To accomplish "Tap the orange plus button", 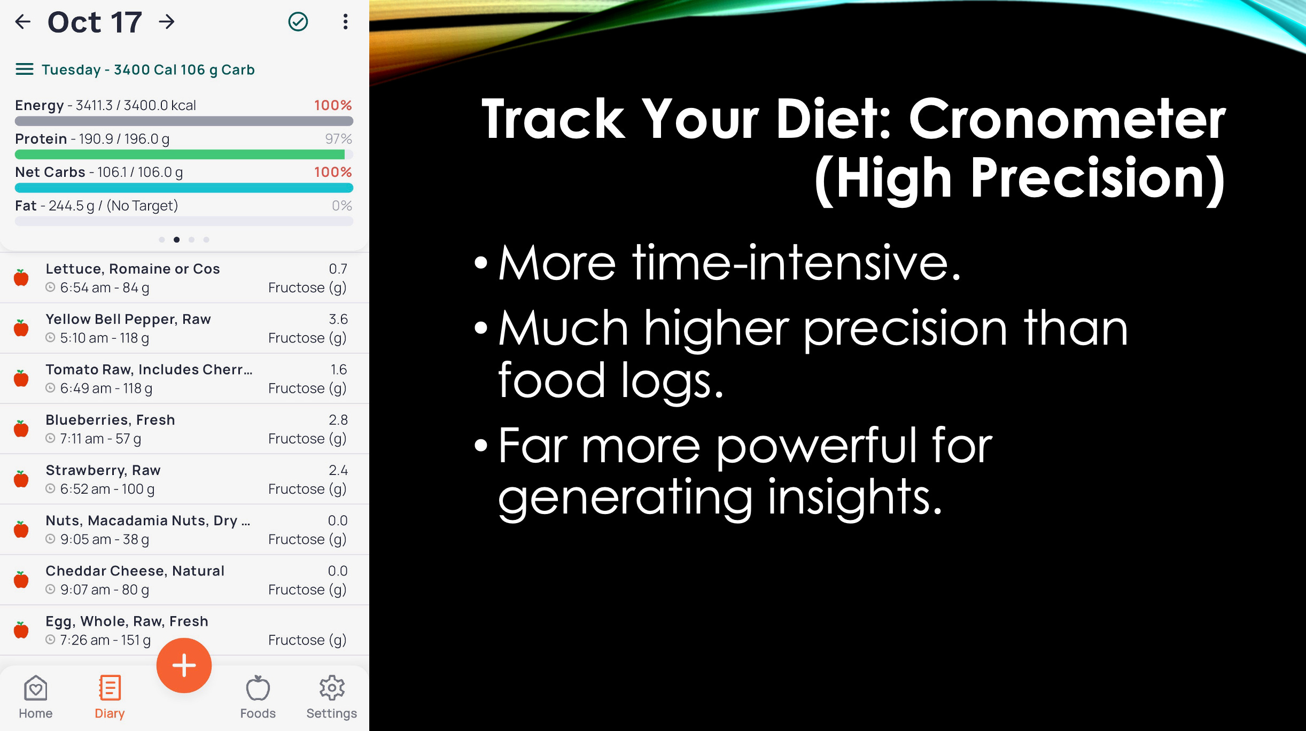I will pos(184,665).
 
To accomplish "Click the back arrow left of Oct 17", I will pos(23,22).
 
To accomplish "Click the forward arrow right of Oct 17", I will pos(167,22).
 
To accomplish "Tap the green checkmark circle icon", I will pos(298,22).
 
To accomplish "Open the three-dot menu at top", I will pos(346,22).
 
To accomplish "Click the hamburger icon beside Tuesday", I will pos(25,69).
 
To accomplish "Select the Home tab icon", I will pos(36,688).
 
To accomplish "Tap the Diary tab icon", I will pos(110,688).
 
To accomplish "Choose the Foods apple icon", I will pos(258,688).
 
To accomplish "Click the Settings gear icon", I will pos(332,688).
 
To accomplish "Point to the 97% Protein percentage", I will pos(338,139).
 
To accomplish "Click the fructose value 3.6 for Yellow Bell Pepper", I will pos(338,320).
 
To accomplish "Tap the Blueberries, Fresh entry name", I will pos(110,420).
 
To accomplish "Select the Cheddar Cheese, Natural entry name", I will pos(135,571).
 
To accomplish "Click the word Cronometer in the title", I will pos(1067,120).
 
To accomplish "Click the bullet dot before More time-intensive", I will pos(481,263).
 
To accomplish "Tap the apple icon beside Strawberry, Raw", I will pos(21,479).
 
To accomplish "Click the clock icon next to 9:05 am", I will pos(50,539).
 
